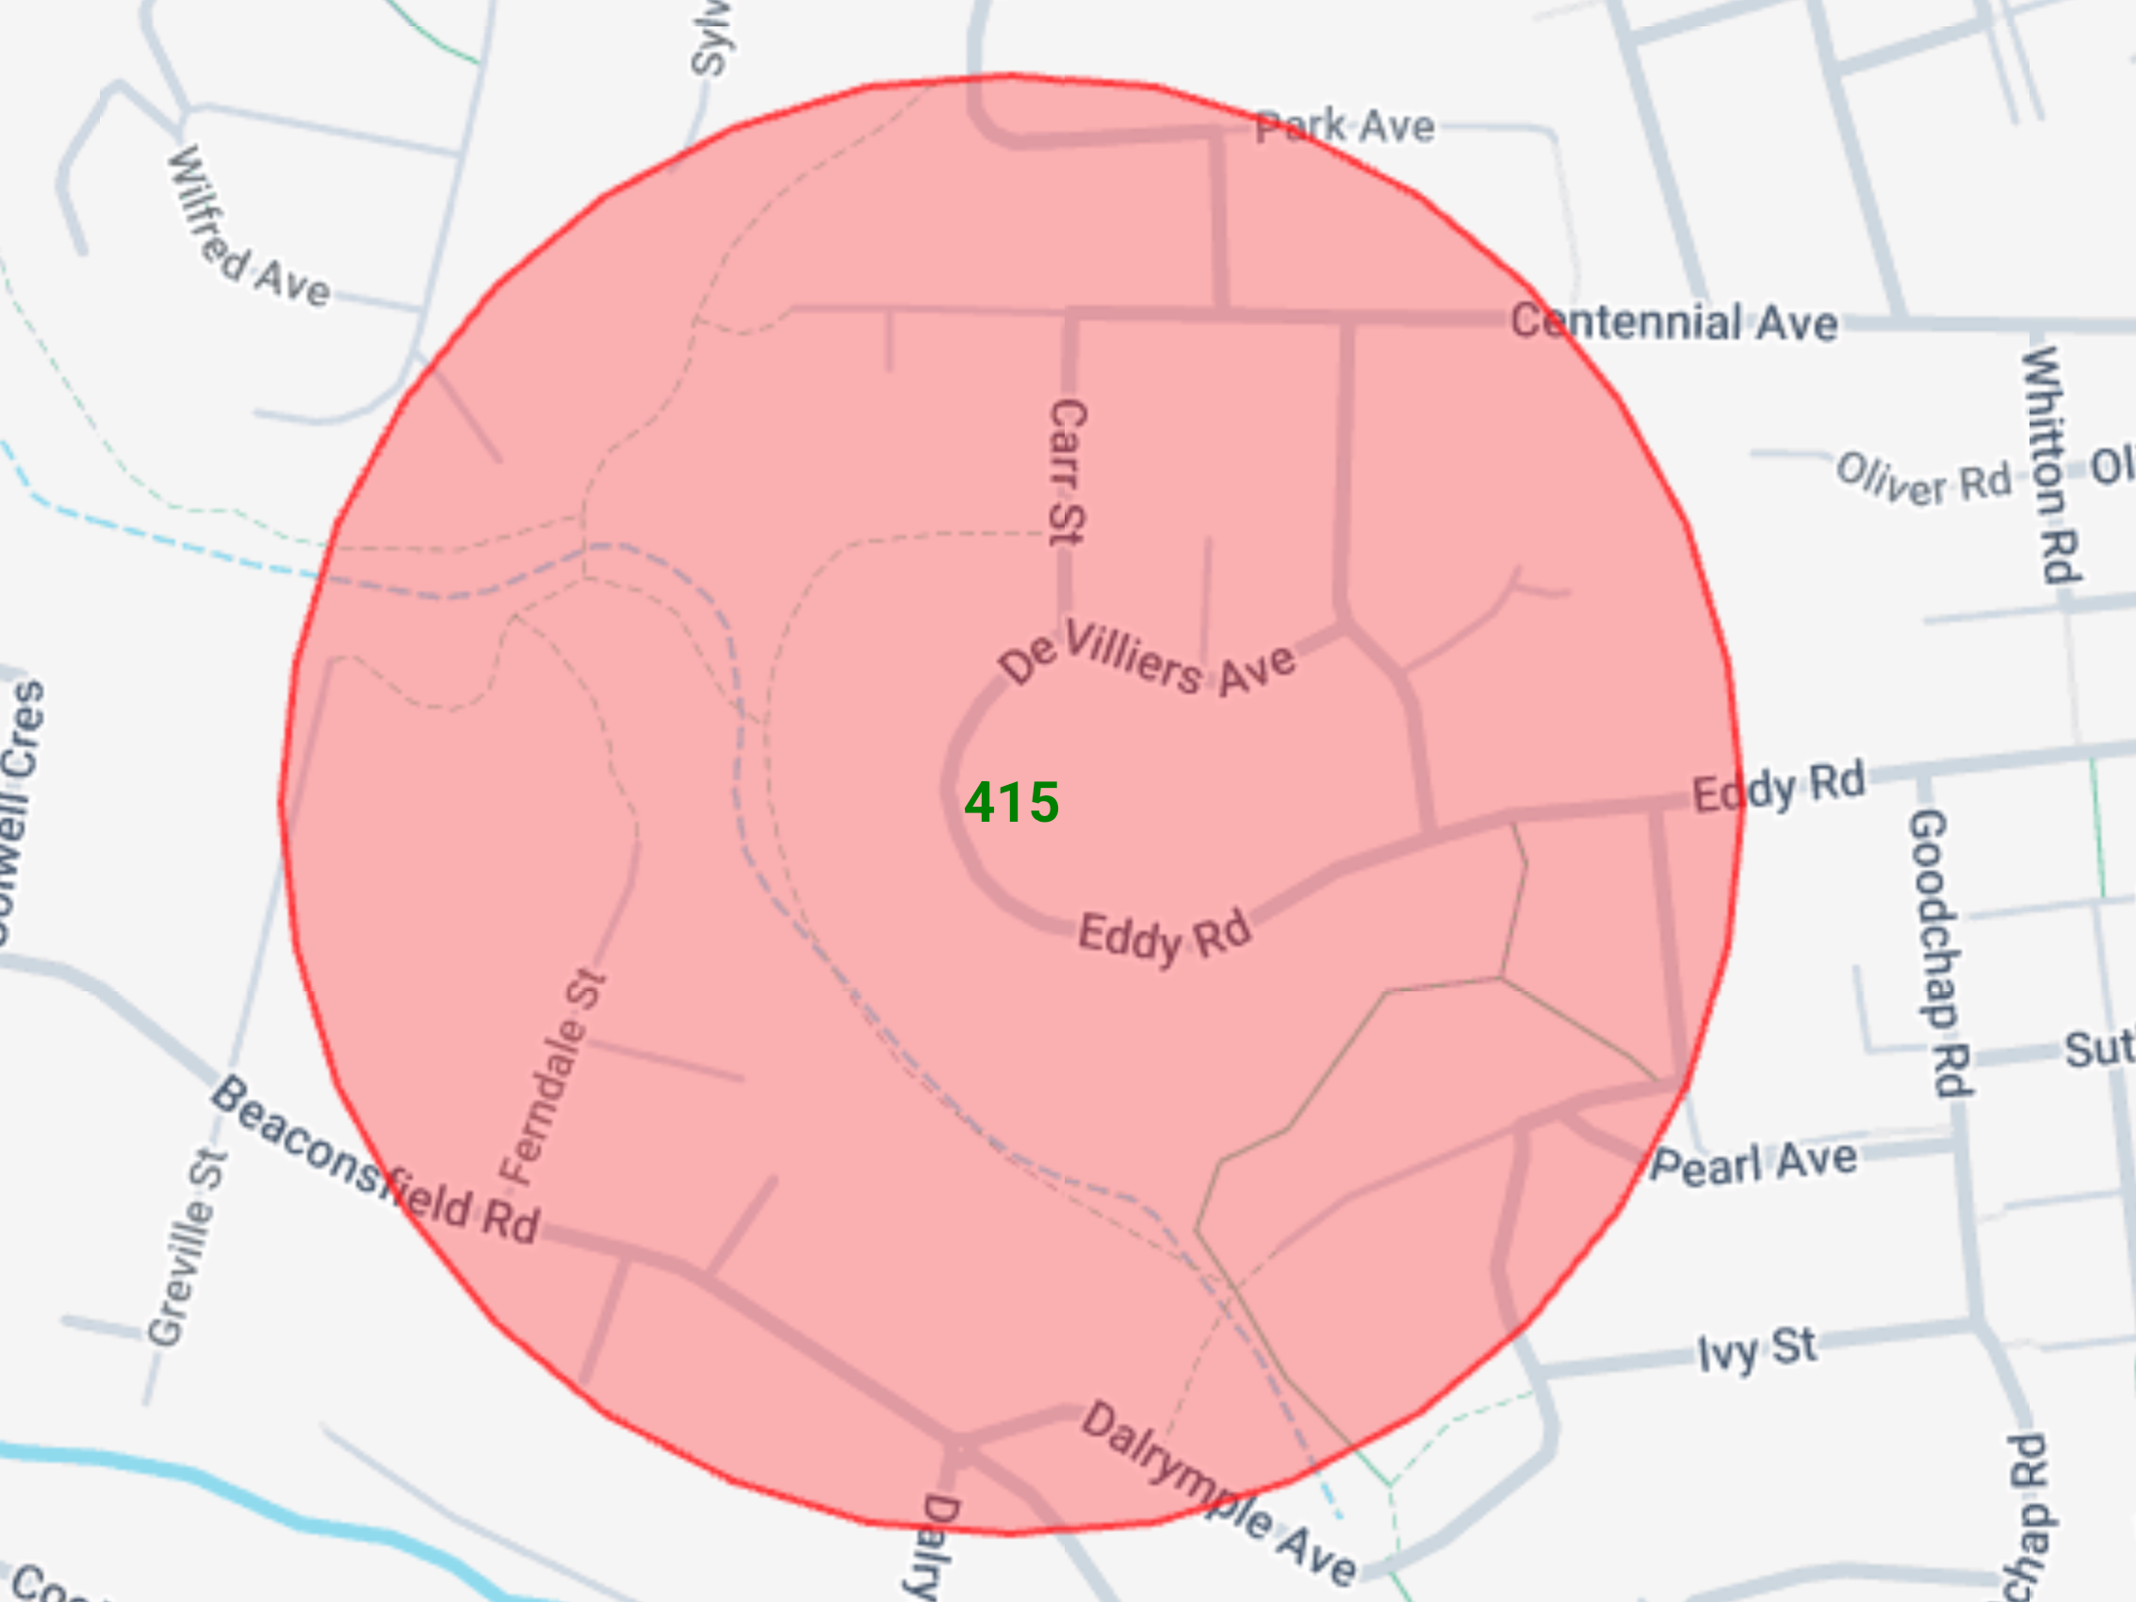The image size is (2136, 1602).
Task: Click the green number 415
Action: (1011, 803)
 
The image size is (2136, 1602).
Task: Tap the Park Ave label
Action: (1345, 126)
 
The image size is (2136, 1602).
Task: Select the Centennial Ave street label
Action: (1673, 321)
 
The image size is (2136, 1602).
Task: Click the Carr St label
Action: (1067, 472)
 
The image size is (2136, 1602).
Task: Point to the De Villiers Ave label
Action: (1147, 660)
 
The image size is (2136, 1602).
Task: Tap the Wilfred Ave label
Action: (247, 232)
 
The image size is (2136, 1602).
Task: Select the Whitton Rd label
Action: (2049, 465)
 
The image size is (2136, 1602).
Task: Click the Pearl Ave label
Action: (1753, 1162)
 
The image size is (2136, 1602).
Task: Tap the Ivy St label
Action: (1756, 1349)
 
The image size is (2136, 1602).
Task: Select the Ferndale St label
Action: (553, 1078)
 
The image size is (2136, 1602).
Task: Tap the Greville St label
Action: (187, 1247)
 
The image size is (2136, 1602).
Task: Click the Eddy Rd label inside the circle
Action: (1165, 936)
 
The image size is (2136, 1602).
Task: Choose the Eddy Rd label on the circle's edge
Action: (1778, 788)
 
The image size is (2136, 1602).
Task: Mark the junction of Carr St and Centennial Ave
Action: (1069, 314)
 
